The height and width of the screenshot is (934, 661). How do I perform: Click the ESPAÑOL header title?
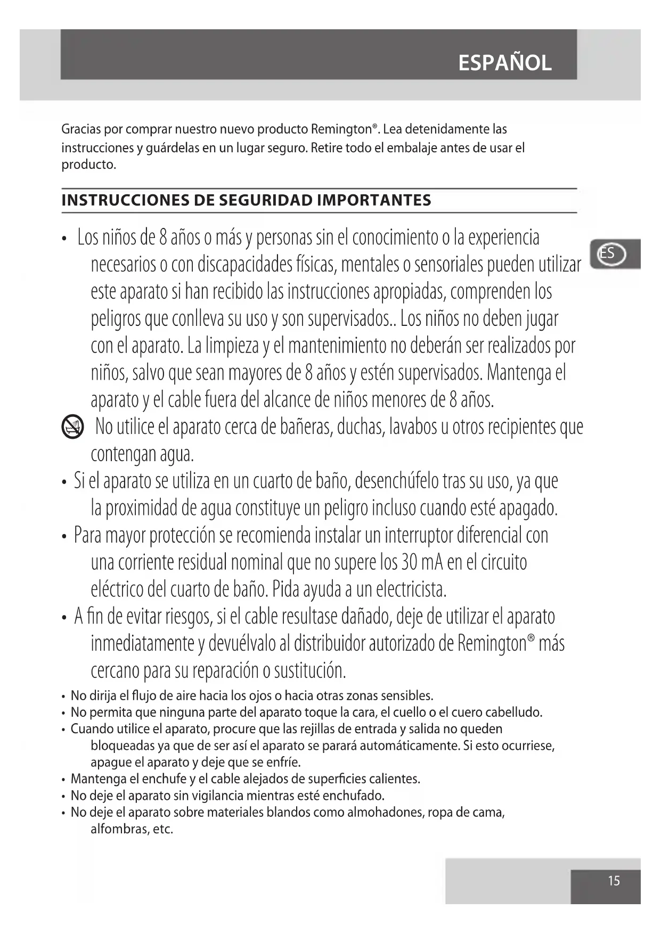click(x=504, y=63)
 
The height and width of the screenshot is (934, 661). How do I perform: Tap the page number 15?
click(x=614, y=881)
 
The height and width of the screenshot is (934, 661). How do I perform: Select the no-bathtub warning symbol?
click(x=72, y=428)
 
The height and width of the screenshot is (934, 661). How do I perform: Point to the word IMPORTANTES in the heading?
click(x=374, y=200)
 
